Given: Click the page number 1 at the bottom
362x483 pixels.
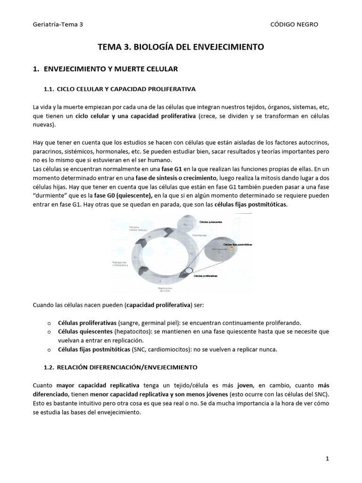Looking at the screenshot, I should coord(326,458).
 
